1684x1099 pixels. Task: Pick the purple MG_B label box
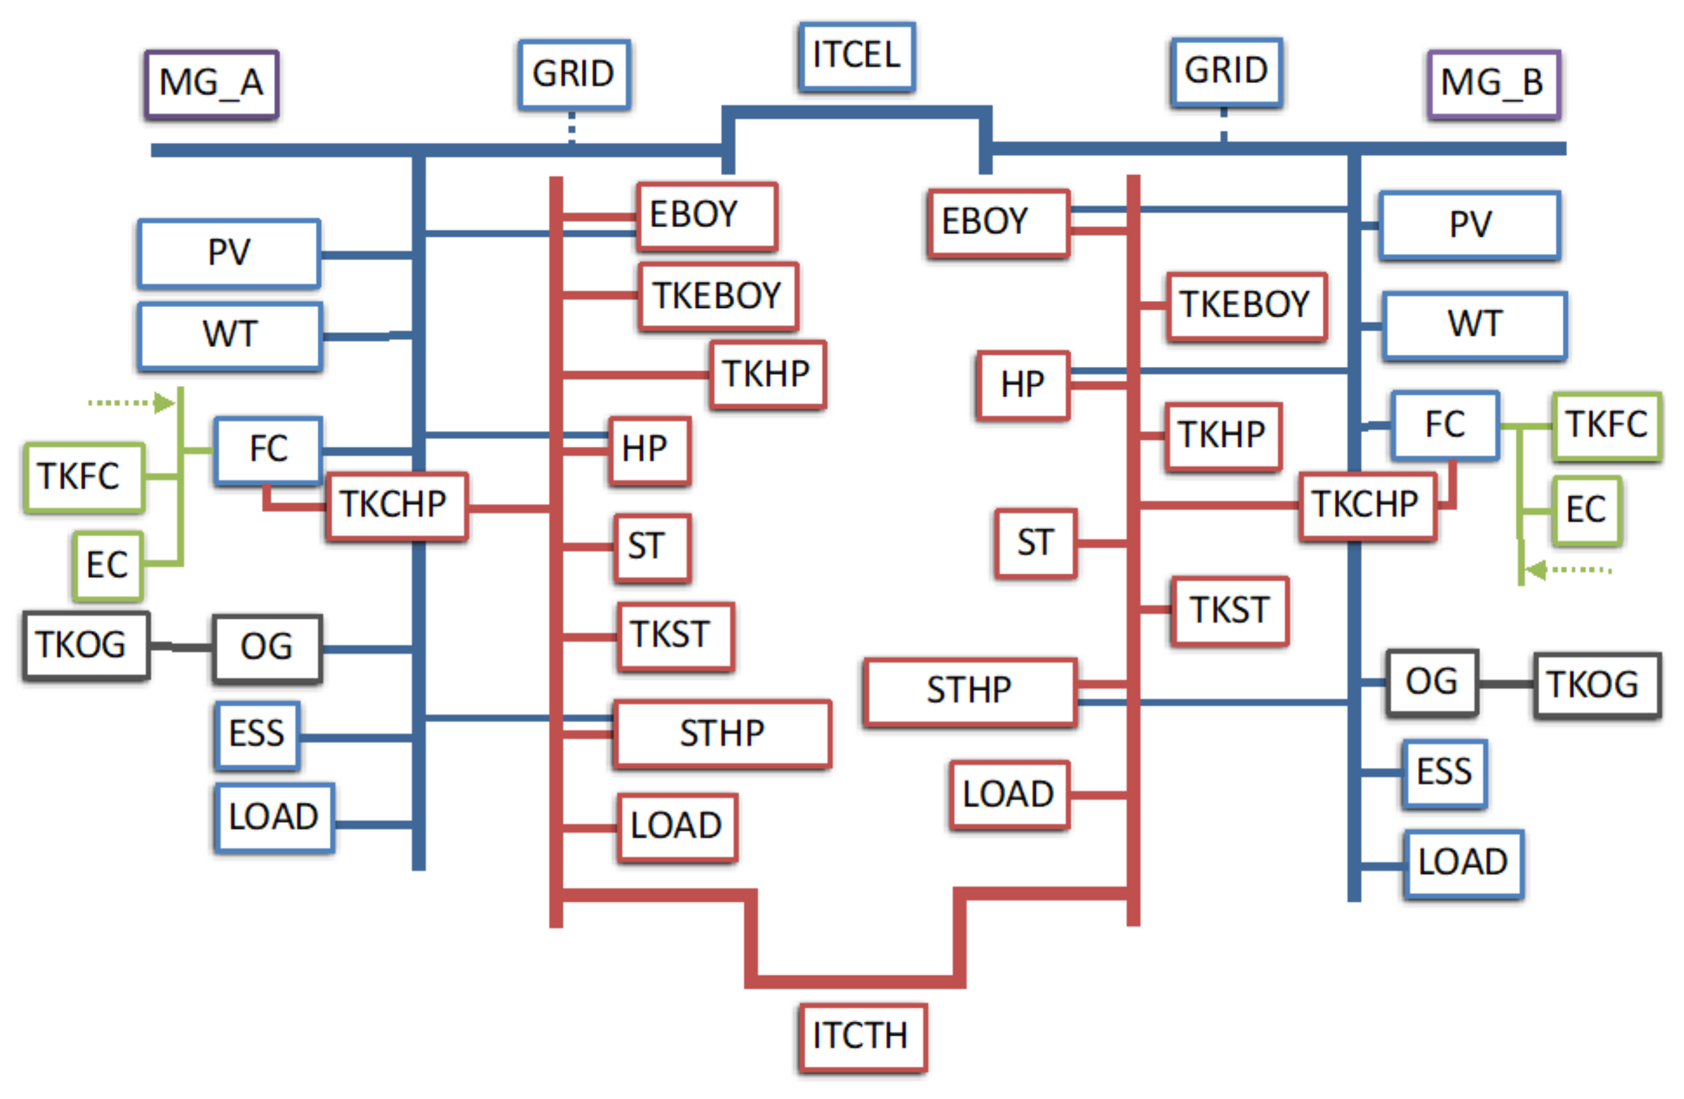1494,83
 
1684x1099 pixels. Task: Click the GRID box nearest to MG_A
574,74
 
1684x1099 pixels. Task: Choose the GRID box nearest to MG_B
1226,72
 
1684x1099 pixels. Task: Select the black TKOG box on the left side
86,646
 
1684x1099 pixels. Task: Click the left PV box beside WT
229,253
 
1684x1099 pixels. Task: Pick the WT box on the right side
1475,326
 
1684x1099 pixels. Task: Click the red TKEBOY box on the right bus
1246,306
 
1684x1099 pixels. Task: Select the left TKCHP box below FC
396,506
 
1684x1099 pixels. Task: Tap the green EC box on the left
108,566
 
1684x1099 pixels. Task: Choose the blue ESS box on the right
1444,773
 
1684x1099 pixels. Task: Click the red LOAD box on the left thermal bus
677,827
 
